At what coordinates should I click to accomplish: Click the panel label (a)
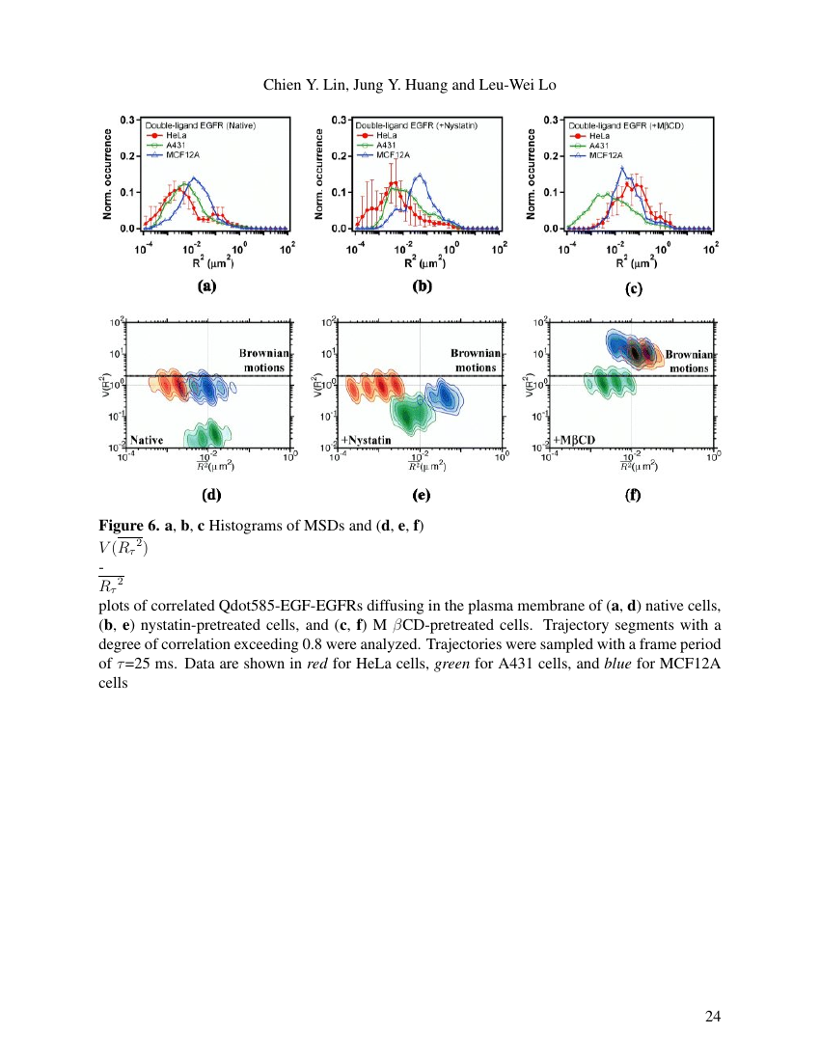(x=205, y=286)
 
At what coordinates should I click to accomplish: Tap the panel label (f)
(x=633, y=497)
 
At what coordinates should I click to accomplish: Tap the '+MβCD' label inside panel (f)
(x=575, y=440)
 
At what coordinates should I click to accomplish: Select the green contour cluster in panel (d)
(x=206, y=434)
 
